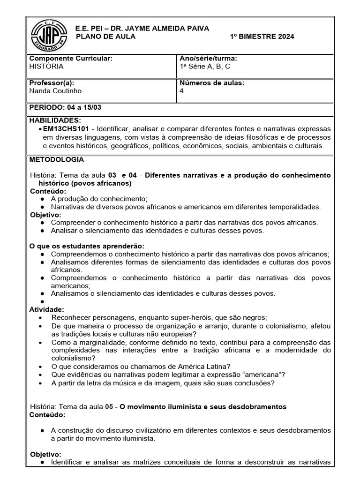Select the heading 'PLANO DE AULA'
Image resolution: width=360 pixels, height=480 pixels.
point(105,37)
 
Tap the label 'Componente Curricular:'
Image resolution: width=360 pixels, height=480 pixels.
point(71,59)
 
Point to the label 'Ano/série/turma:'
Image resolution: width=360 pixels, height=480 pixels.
point(208,59)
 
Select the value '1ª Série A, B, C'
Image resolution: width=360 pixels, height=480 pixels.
point(205,67)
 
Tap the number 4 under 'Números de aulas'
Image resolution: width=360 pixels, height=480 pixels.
point(181,91)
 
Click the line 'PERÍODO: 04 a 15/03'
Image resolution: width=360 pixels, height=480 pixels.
point(65,107)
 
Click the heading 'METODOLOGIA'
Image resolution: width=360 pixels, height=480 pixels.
point(57,159)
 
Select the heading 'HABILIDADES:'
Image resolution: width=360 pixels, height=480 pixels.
point(55,120)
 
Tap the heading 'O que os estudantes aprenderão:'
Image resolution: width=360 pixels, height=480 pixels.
point(87,246)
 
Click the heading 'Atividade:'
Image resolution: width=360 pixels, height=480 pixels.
point(47,309)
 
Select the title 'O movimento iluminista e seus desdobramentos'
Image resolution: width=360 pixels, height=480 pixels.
point(203,406)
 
